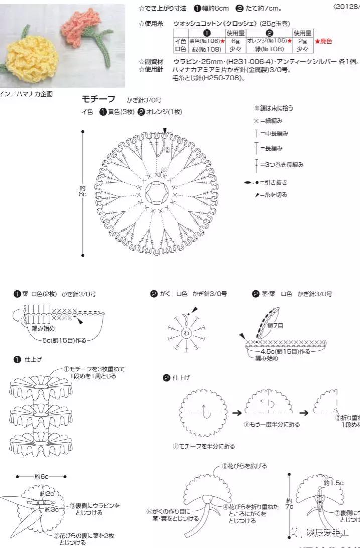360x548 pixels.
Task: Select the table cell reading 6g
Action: pyautogui.click(x=235, y=41)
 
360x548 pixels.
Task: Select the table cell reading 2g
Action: pyautogui.click(x=303, y=41)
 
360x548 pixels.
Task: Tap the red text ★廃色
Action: pyautogui.click(x=323, y=41)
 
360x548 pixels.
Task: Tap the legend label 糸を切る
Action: pyautogui.click(x=277, y=195)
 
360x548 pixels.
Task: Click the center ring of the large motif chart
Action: pyautogui.click(x=157, y=193)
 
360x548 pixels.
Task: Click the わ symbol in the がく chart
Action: pyautogui.click(x=186, y=333)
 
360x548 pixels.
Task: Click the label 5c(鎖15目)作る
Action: pyautogui.click(x=64, y=340)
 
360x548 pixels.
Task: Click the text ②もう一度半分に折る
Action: pyautogui.click(x=272, y=424)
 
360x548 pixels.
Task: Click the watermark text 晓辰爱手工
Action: pyautogui.click(x=329, y=533)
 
